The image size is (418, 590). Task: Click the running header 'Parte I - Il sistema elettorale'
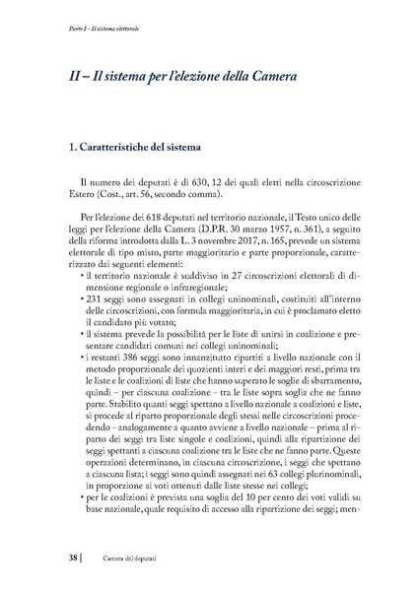click(83, 29)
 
